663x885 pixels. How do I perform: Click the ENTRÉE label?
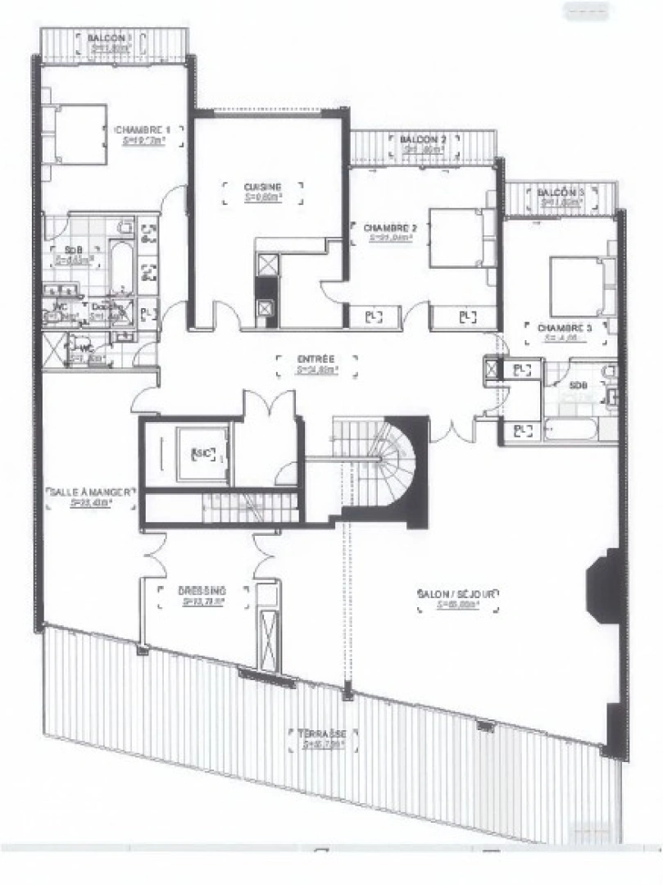[x=316, y=359]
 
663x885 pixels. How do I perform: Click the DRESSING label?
[x=202, y=590]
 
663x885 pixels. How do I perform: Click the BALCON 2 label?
[x=424, y=140]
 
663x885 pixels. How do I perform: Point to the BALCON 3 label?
[x=561, y=192]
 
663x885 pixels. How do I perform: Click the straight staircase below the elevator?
[x=246, y=508]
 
